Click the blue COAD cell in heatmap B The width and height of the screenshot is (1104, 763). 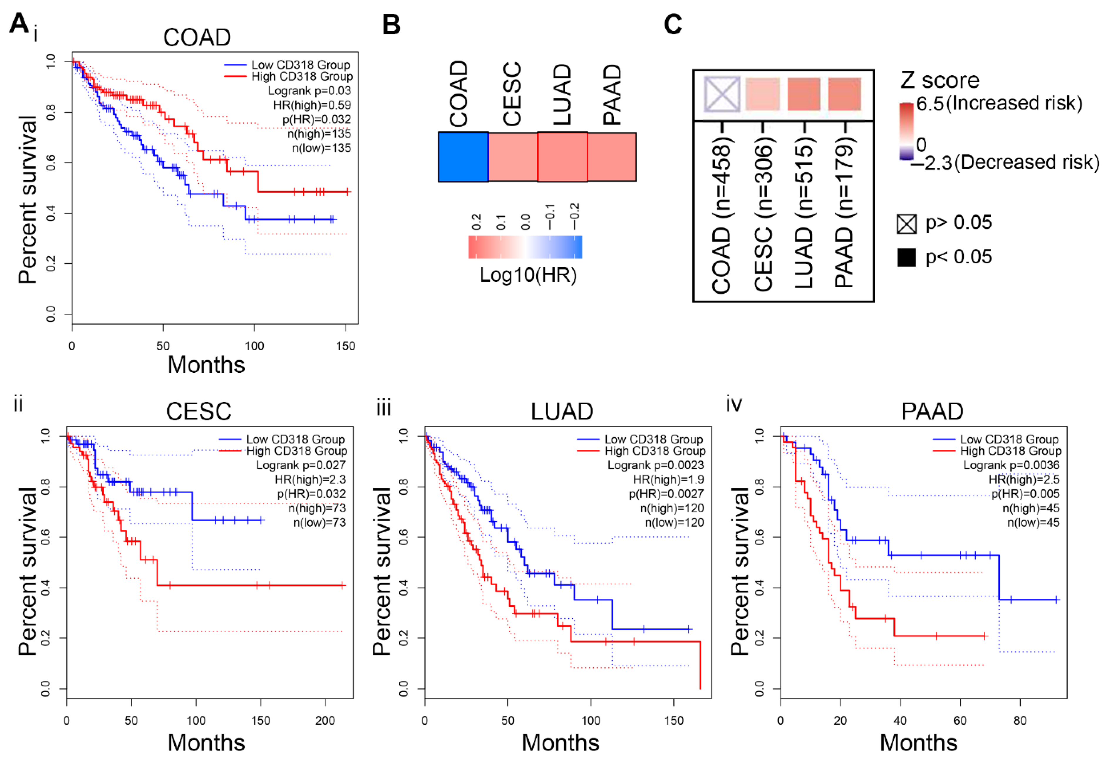click(463, 157)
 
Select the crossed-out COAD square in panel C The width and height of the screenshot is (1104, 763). click(722, 94)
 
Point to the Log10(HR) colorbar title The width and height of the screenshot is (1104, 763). click(528, 275)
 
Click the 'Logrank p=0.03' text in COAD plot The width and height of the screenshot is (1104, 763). click(309, 91)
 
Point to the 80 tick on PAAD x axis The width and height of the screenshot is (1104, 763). click(1020, 720)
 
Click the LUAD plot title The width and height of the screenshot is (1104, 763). click(562, 411)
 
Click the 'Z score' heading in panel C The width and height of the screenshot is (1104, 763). click(939, 80)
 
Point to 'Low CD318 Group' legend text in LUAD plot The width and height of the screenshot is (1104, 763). click(653, 439)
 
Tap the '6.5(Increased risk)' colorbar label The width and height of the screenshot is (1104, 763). click(999, 103)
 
